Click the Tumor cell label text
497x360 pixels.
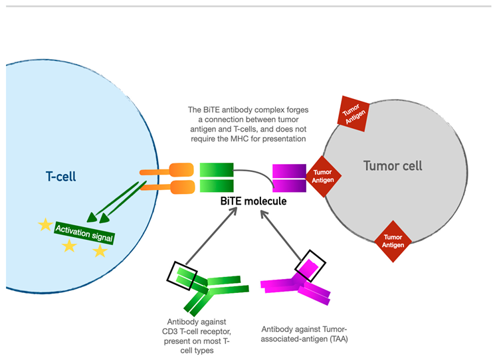[392, 165]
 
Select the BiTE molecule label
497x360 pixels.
[253, 200]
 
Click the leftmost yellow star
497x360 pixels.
[45, 225]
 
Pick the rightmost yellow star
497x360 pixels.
[100, 250]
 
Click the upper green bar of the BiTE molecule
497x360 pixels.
[217, 169]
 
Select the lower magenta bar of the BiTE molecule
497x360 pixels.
[289, 186]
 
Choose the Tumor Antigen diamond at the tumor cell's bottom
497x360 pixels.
[393, 240]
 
